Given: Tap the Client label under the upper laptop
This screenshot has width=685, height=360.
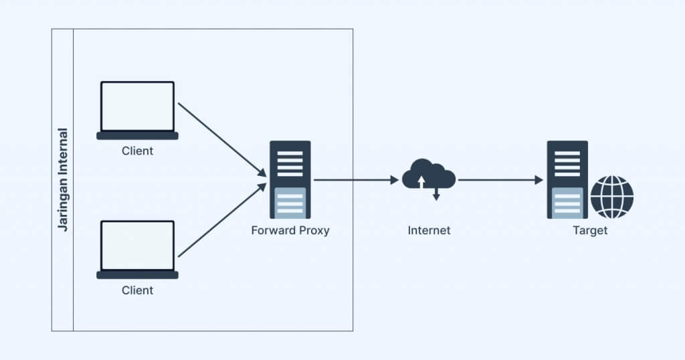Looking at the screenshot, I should [137, 151].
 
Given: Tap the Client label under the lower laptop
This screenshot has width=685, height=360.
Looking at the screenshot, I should [137, 290].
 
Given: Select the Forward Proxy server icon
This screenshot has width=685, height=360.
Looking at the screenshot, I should [290, 179].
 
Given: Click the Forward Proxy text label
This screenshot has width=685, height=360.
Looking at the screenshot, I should [290, 230].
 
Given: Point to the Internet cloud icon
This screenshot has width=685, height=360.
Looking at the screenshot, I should [429, 175].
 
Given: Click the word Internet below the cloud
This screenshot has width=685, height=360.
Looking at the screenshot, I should [429, 230].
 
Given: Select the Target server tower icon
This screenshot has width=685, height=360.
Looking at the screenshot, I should [567, 179].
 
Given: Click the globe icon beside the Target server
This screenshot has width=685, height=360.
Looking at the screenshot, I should [611, 197].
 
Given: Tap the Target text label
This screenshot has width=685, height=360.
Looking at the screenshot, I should [590, 230].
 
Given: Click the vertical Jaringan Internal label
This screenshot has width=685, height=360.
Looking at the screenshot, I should [63, 179].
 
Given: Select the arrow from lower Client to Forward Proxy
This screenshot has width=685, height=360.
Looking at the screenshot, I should [221, 220].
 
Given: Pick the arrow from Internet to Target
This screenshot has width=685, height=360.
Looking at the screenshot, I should [500, 180].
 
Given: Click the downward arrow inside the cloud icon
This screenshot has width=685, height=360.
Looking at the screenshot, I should [436, 194].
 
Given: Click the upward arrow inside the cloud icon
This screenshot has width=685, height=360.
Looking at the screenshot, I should [421, 181].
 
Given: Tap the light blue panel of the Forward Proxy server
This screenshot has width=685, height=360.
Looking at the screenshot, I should [290, 202].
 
